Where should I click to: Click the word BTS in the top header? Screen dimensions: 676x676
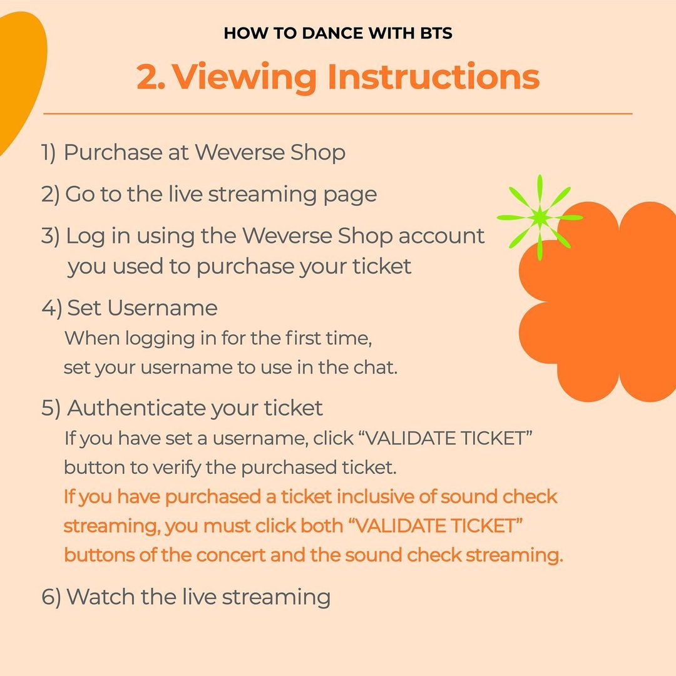coord(436,34)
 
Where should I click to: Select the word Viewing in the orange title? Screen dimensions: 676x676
coord(245,78)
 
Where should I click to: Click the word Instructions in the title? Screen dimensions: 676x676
coord(433,77)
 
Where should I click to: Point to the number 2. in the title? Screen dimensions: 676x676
coord(151,77)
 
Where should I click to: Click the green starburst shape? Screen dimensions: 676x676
coord(540,217)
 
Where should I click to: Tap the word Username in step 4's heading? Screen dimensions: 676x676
coord(162,308)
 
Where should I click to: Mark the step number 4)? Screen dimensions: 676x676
coord(52,308)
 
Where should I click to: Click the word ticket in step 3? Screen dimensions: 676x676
coord(382,267)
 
